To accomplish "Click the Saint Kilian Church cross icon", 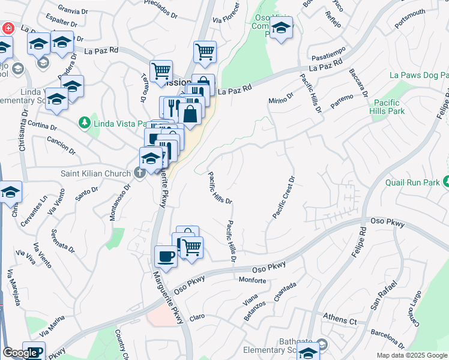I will pyautogui.click(x=140, y=173).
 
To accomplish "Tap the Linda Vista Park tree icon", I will pyautogui.click(x=85, y=123).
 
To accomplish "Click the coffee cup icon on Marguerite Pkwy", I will pyautogui.click(x=166, y=257).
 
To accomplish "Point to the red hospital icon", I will pyautogui.click(x=8, y=28).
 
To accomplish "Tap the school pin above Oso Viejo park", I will pyautogui.click(x=281, y=28).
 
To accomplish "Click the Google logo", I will pyautogui.click(x=20, y=353).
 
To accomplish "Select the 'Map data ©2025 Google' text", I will pyautogui.click(x=411, y=355).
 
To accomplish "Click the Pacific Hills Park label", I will pyautogui.click(x=388, y=107).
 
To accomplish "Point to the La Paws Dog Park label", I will pyautogui.click(x=418, y=75).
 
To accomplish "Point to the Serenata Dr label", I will pyautogui.click(x=62, y=240).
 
